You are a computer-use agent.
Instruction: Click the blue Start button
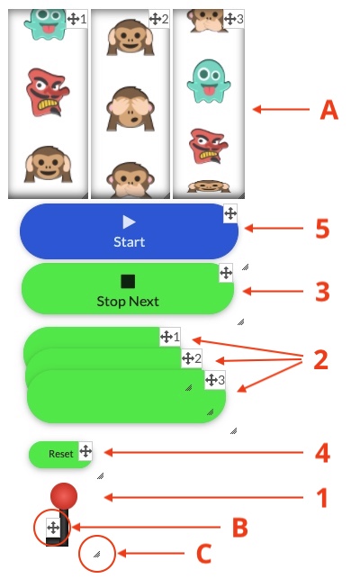(129, 231)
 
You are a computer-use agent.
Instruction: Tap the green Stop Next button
(128, 288)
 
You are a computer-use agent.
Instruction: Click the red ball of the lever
(64, 496)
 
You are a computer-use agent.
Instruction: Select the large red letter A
(328, 110)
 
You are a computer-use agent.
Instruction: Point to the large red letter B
(240, 528)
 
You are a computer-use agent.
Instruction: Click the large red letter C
(204, 554)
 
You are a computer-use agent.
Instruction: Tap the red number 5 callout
(322, 229)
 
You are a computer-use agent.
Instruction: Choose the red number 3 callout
(322, 292)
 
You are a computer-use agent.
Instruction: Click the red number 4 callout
(322, 453)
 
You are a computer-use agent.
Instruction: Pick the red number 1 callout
(322, 498)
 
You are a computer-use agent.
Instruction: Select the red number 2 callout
(321, 359)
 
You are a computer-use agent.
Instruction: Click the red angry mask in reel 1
(48, 92)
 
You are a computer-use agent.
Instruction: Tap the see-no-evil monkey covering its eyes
(130, 109)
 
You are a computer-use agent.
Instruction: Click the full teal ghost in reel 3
(209, 81)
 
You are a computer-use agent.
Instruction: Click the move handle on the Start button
(230, 213)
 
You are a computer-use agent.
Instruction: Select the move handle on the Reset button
(85, 451)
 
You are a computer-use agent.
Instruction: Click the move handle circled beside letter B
(53, 528)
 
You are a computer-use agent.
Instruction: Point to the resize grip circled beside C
(97, 554)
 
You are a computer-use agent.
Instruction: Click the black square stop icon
(128, 281)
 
